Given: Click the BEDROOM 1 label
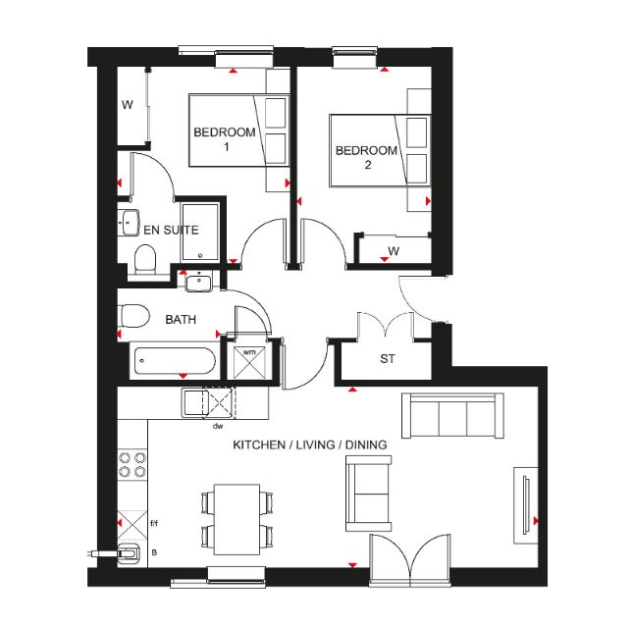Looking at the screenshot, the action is tap(225, 138).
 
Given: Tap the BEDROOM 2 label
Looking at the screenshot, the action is tap(367, 157).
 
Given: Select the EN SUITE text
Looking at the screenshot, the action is tap(171, 231).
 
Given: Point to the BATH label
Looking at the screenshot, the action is tap(181, 320).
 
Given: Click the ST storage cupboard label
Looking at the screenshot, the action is tap(388, 358).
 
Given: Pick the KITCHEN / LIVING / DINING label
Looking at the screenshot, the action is tap(310, 444).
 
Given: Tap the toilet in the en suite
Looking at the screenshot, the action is tap(145, 259).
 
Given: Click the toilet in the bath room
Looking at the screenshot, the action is tap(134, 316).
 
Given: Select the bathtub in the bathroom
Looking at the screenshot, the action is tap(175, 360).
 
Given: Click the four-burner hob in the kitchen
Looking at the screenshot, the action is tap(132, 464).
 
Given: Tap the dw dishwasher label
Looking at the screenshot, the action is tap(218, 426).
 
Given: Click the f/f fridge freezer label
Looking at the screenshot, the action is tap(154, 523).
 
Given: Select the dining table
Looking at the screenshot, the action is tap(237, 519).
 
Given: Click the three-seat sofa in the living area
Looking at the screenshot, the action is tap(452, 416).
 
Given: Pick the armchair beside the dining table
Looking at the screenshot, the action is tap(368, 494).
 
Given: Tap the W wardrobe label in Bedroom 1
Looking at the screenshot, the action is tap(128, 105).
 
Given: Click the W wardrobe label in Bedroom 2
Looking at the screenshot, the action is tap(394, 251).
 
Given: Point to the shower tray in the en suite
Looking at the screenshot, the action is tap(200, 233).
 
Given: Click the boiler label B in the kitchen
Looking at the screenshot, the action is tap(154, 552).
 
